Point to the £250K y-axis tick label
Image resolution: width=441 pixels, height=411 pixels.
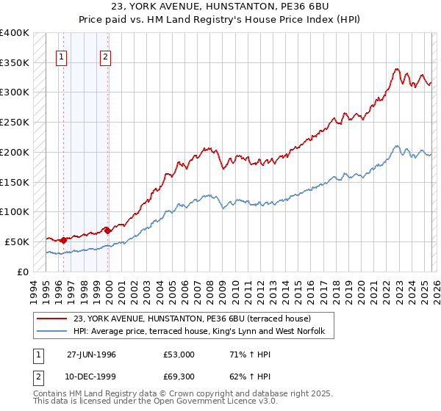[15, 123]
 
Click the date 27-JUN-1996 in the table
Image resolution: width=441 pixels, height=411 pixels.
[90, 354]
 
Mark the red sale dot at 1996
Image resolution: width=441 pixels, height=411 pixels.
[64, 239]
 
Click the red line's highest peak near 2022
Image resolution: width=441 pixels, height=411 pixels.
[395, 69]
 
